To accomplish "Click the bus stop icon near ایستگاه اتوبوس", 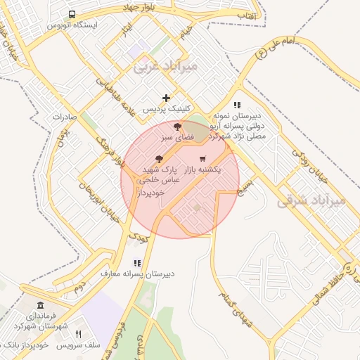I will [x=72, y=14].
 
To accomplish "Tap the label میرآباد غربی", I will [x=166, y=67].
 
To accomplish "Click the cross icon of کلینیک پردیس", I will [x=166, y=98].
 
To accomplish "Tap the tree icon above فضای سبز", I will [x=178, y=127].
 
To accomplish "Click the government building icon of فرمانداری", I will [x=39, y=306].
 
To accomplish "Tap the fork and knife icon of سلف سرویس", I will [x=78, y=334].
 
